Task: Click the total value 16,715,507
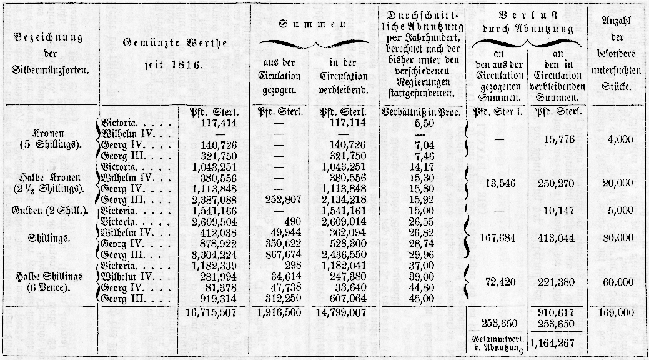pos(214,312)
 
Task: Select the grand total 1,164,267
pos(556,342)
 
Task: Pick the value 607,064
pos(343,298)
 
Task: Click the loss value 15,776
pos(558,141)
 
